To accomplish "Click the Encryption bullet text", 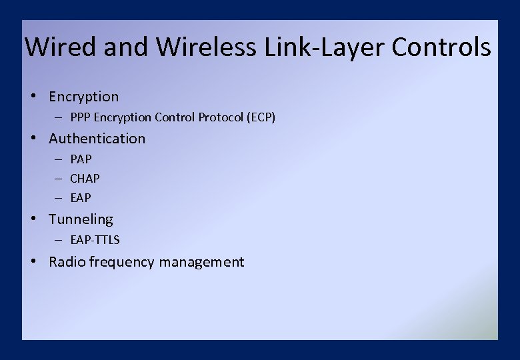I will click(83, 97).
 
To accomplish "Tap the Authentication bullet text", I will click(97, 139).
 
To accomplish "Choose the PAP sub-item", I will click(81, 159).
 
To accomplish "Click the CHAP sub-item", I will click(85, 179).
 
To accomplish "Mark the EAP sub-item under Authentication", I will click(81, 198).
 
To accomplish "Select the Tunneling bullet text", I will click(81, 219).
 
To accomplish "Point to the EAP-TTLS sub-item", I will click(95, 240).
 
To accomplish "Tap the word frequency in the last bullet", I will click(123, 262).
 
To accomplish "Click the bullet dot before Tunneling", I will click(33, 219).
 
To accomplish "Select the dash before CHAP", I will click(59, 179).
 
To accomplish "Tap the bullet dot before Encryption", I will click(33, 96).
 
